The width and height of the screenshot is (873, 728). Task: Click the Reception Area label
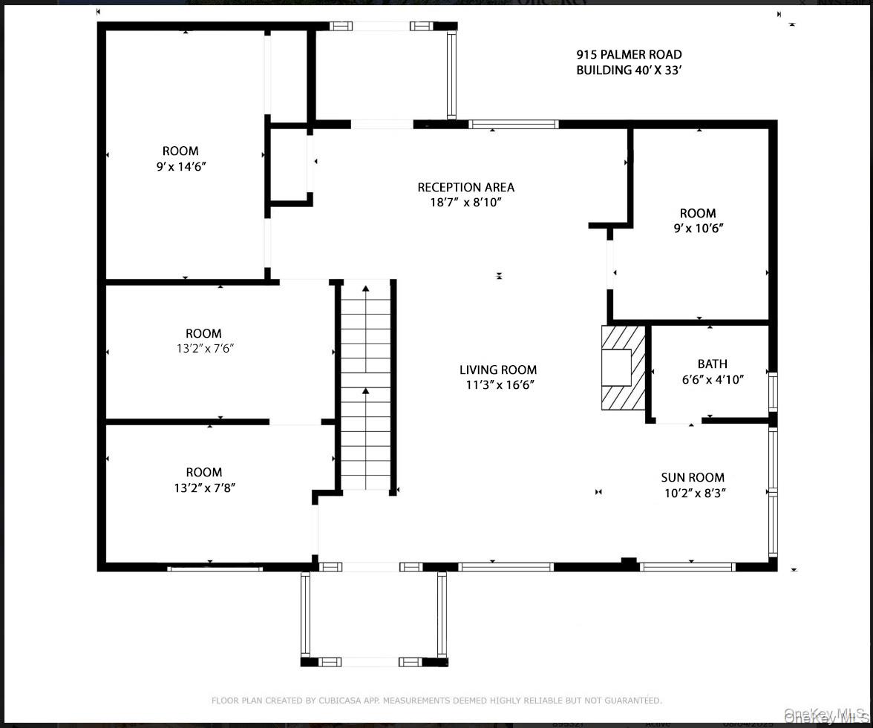click(x=465, y=187)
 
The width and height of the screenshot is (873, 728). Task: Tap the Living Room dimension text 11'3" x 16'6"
click(x=497, y=384)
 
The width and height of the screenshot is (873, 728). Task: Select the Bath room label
click(x=712, y=364)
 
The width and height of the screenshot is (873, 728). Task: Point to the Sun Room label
click(x=693, y=477)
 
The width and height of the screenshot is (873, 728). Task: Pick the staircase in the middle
click(x=365, y=386)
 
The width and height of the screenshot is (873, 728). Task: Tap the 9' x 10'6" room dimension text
click(x=698, y=228)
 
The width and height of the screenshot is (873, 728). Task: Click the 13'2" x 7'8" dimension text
click(x=203, y=488)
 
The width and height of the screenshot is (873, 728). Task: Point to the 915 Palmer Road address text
click(x=629, y=54)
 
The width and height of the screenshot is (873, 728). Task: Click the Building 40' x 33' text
click(x=629, y=70)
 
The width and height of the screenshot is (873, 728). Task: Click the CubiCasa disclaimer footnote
click(x=436, y=700)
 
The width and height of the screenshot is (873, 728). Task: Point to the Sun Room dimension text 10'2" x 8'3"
click(x=693, y=492)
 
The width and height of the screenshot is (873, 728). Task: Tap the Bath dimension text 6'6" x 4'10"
click(x=712, y=378)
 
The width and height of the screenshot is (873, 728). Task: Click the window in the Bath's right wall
click(x=773, y=392)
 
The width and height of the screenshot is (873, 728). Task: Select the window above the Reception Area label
click(x=513, y=124)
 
